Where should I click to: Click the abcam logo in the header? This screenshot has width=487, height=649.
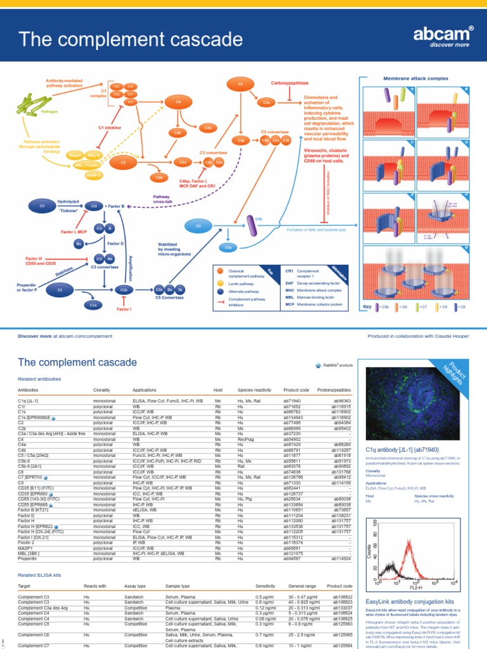tap(452, 37)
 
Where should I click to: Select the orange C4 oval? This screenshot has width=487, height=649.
tap(178, 101)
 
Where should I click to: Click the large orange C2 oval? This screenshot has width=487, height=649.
tap(124, 163)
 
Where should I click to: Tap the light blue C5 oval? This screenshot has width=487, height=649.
tap(198, 225)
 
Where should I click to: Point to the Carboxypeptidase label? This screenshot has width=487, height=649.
tap(289, 83)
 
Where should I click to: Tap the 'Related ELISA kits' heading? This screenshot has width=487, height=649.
tap(40, 574)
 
